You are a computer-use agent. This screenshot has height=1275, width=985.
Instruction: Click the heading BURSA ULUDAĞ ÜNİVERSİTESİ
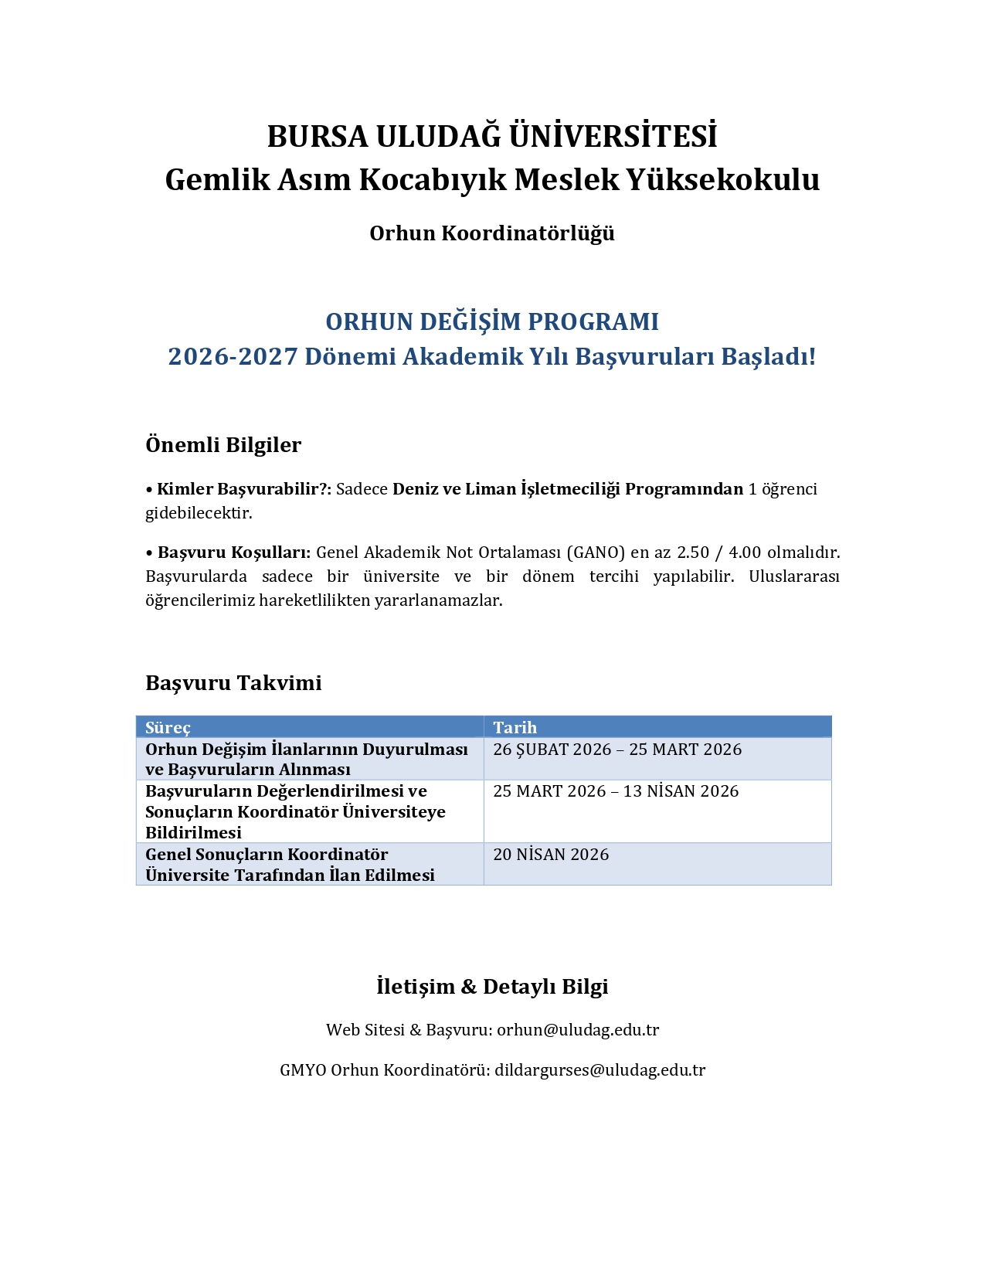[x=492, y=137]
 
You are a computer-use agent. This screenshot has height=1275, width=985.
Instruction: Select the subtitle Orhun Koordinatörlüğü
[x=492, y=233]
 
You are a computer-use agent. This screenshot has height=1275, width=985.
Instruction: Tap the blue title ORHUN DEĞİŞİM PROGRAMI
[x=492, y=321]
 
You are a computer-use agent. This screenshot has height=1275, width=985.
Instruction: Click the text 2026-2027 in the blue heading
[x=233, y=356]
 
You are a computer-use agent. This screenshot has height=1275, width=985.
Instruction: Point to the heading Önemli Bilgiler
[x=223, y=445]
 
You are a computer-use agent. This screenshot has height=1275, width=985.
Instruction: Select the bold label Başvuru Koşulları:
[x=234, y=552]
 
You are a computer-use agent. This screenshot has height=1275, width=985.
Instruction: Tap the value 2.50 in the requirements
[x=693, y=552]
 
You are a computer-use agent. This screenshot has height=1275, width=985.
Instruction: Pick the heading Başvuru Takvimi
[x=233, y=683]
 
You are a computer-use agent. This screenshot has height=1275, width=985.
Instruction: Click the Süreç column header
[x=168, y=727]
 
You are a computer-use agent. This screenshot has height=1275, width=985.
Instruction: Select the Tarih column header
[x=515, y=727]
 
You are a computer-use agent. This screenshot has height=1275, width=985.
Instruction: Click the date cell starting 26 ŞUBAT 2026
[x=616, y=750]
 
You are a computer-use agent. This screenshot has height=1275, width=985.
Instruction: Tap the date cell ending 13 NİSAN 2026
[x=615, y=791]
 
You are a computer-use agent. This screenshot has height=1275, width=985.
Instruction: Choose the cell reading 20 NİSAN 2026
[x=551, y=855]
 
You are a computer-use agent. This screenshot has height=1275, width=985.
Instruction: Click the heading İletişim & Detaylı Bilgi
[x=492, y=987]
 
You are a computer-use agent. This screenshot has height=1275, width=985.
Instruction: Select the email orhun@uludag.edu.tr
[x=578, y=1030]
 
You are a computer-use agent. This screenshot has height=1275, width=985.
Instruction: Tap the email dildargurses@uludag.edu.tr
[x=599, y=1070]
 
